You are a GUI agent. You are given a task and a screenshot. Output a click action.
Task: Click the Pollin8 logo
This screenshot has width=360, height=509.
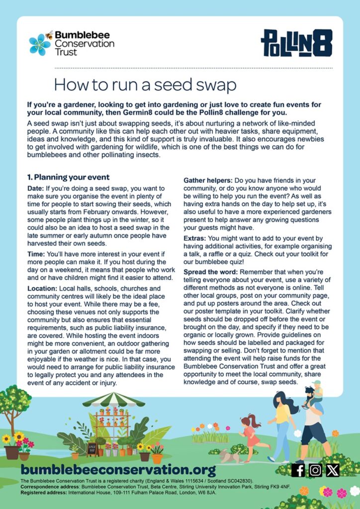tap(296, 43)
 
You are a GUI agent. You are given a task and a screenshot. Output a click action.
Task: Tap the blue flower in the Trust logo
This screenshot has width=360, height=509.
tap(39, 45)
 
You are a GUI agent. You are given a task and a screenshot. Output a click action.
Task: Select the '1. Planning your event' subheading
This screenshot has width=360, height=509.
tap(68, 177)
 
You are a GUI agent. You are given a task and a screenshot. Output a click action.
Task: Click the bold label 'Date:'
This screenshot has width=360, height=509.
tap(36, 188)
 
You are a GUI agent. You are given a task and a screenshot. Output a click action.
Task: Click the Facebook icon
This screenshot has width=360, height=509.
tap(298, 470)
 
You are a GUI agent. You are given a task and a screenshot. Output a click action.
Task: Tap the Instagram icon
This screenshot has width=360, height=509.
tap(315, 470)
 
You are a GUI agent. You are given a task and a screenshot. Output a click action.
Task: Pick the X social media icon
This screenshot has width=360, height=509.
tap(332, 470)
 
